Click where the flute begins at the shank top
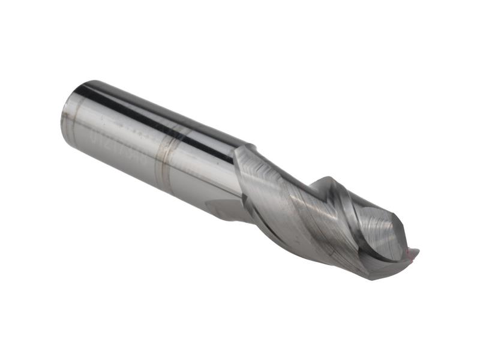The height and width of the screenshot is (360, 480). [x=246, y=148]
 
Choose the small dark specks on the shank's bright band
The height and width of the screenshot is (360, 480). [x=138, y=129]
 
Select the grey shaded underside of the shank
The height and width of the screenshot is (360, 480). [x=150, y=180]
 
